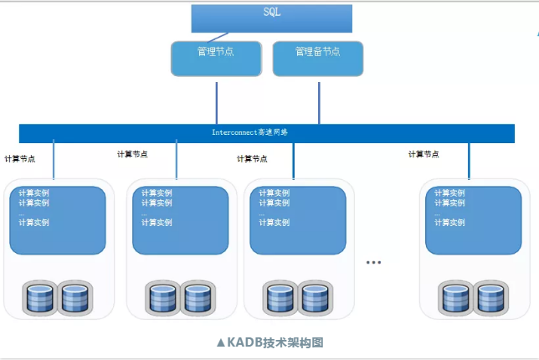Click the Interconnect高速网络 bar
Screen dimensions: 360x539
(266, 132)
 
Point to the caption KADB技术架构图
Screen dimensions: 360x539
(269, 342)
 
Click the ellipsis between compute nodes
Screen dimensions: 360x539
(373, 262)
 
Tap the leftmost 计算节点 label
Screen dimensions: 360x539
(20, 158)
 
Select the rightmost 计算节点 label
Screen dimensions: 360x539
(423, 154)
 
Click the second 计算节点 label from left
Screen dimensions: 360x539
(132, 154)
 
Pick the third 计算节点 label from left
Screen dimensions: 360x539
(252, 158)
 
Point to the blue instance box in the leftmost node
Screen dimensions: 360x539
(58, 220)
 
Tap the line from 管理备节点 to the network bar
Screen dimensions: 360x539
(319, 102)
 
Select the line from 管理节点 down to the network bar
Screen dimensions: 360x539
(217, 102)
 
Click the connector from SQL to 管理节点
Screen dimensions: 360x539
(221, 37)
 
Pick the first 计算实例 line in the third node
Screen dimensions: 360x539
(273, 193)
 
